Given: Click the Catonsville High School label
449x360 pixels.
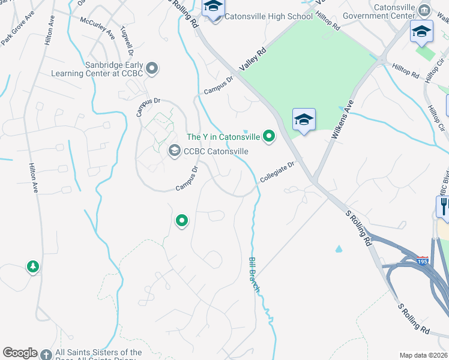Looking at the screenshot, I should [268, 17].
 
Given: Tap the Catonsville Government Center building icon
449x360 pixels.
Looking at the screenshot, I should [425, 10].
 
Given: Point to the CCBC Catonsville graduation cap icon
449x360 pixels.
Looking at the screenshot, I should [175, 150].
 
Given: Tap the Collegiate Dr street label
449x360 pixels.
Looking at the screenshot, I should [277, 173].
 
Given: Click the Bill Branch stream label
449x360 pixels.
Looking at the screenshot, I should [255, 275].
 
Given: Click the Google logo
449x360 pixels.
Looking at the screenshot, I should [20, 353].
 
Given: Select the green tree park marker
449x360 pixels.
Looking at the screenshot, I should [32, 266].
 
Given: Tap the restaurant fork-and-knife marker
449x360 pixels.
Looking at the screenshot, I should [444, 206].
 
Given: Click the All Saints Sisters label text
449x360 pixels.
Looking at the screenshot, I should [99, 353].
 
